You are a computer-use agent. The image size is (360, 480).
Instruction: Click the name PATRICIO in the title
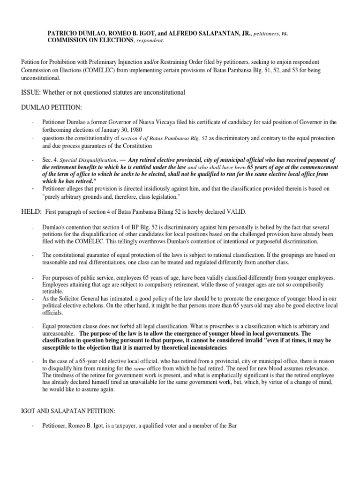tap(62, 34)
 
